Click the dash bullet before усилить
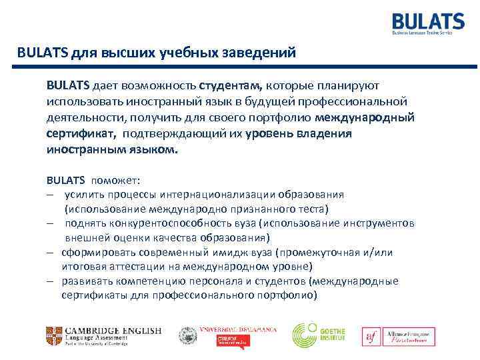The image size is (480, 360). click(50, 195)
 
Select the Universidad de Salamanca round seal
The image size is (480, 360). click(188, 335)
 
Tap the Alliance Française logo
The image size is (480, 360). click(399, 337)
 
